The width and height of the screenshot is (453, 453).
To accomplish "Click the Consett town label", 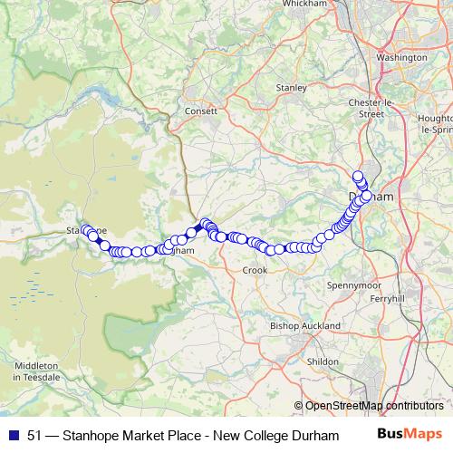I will click(x=201, y=111).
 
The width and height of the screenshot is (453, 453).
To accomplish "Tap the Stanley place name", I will click(x=291, y=88).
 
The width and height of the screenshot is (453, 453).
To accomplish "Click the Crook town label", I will click(x=254, y=270).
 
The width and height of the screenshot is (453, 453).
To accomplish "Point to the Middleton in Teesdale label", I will click(x=36, y=370).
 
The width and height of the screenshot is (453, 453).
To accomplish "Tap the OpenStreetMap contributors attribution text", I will click(x=373, y=406).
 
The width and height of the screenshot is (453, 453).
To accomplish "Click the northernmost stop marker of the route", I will click(x=358, y=177).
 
